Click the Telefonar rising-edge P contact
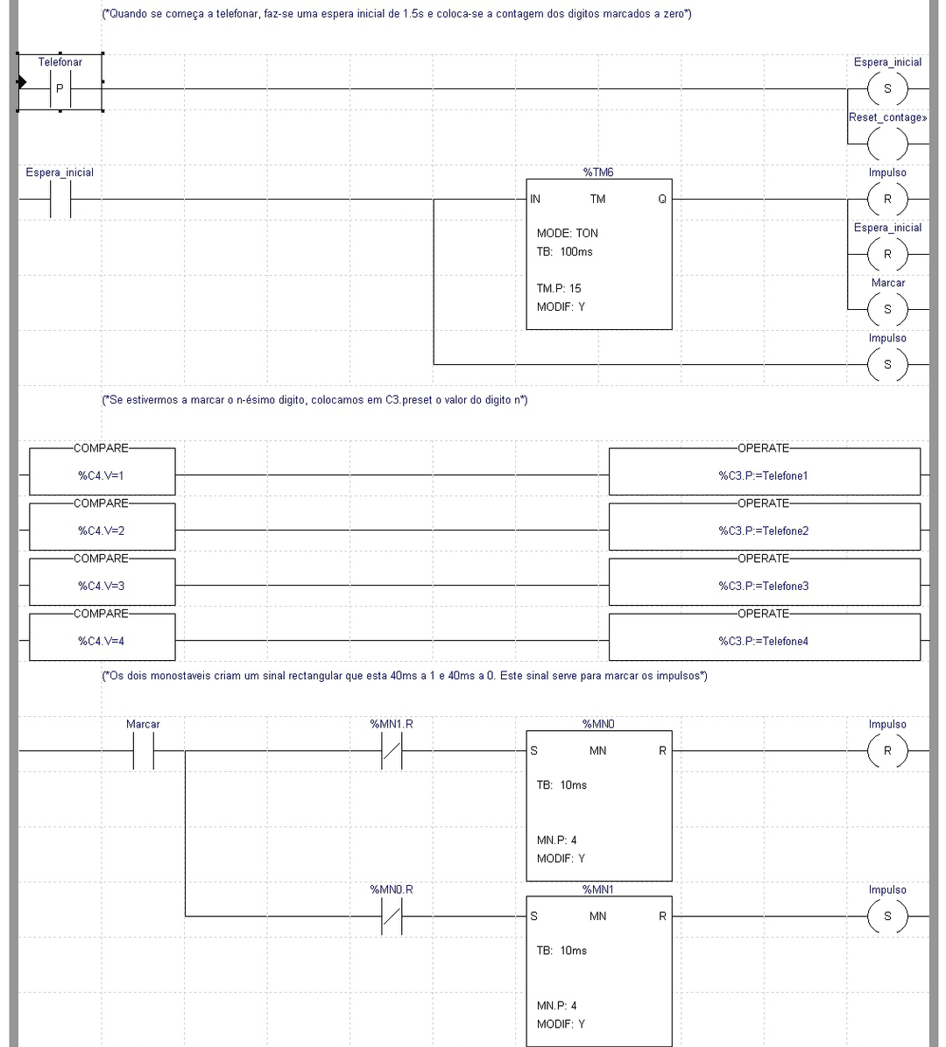pos(60,89)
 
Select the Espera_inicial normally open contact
pos(60,199)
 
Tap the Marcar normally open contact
pos(143,750)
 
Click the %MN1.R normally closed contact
pos(392,750)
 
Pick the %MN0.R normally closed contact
pos(392,916)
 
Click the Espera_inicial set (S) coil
pos(887,89)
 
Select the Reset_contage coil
pos(887,144)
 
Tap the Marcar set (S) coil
pos(887,309)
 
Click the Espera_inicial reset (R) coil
pos(887,254)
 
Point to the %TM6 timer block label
pos(598,172)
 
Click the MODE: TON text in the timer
pos(568,233)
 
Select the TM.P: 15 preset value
pos(559,288)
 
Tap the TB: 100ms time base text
pos(564,251)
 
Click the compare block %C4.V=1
pos(102,475)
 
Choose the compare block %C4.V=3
pos(102,586)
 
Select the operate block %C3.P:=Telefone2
pos(764,531)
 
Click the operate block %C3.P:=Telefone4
pos(764,641)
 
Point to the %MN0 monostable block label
pos(598,724)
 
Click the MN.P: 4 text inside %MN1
pos(556,1006)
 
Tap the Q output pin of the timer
pos(662,199)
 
